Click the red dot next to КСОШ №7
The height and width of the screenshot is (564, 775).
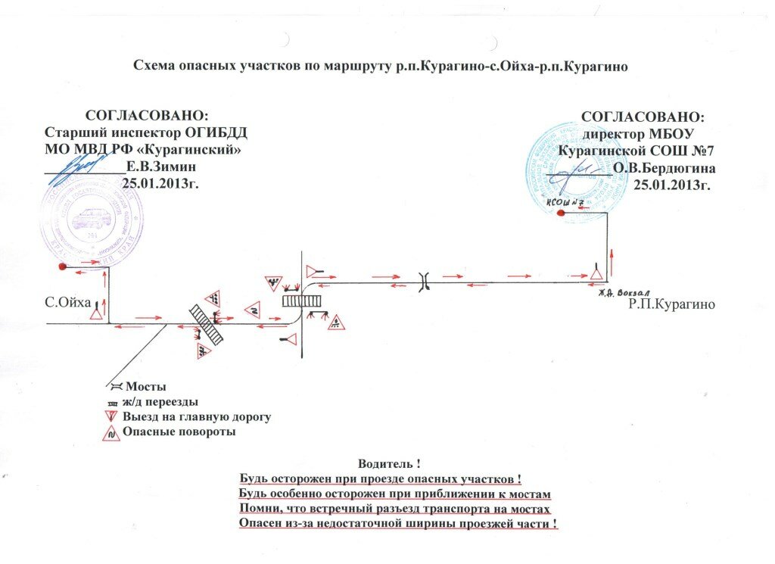560,213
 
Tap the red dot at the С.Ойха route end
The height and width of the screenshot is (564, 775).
61,266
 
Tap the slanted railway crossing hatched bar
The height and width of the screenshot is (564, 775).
206,325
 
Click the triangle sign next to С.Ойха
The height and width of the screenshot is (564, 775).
97,311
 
